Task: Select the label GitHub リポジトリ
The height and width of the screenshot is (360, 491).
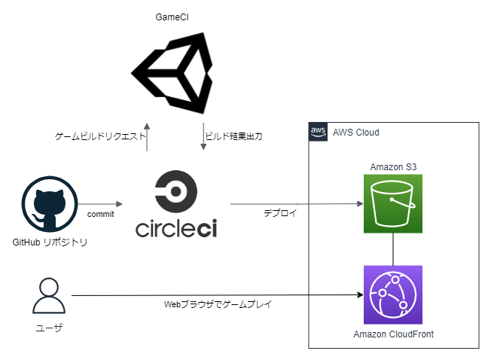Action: [x=50, y=242]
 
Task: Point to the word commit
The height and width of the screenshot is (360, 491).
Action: [x=100, y=215]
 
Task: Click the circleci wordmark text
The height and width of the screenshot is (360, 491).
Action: [x=175, y=228]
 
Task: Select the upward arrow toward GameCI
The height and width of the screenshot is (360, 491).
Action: [x=146, y=136]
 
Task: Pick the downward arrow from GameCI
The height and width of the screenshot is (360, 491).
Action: [x=203, y=136]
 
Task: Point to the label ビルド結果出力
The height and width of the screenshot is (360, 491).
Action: [x=233, y=137]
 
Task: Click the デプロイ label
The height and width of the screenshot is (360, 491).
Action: [x=280, y=213]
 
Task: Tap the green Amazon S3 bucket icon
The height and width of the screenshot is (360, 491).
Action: [x=392, y=203]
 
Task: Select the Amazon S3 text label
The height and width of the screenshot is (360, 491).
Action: [x=392, y=166]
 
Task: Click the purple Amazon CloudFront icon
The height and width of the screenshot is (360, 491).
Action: [x=392, y=294]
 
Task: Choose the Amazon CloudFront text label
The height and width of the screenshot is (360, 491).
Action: [x=393, y=334]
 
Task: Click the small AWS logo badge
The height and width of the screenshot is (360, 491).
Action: [x=318, y=131]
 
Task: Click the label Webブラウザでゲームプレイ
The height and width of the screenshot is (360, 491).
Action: [x=218, y=305]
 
